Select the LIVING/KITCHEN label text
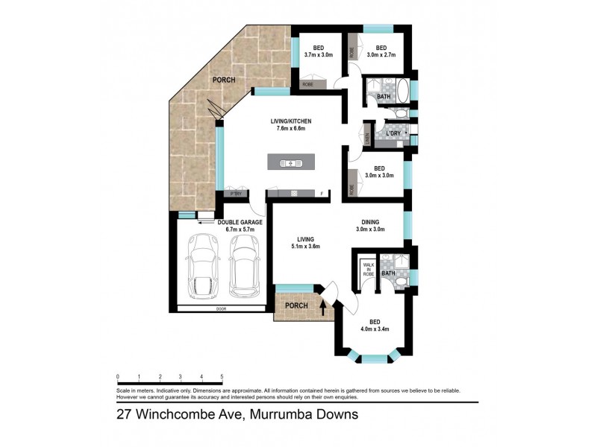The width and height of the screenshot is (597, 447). [x=290, y=121]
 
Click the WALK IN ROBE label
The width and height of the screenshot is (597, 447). [x=368, y=269]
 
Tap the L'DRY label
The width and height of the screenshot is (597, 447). [x=393, y=133]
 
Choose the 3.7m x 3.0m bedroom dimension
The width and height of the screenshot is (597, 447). [x=319, y=54]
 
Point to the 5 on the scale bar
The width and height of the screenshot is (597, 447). [x=222, y=377]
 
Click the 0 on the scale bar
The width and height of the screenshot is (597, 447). [x=118, y=377]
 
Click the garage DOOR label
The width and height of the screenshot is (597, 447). [x=220, y=309]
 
